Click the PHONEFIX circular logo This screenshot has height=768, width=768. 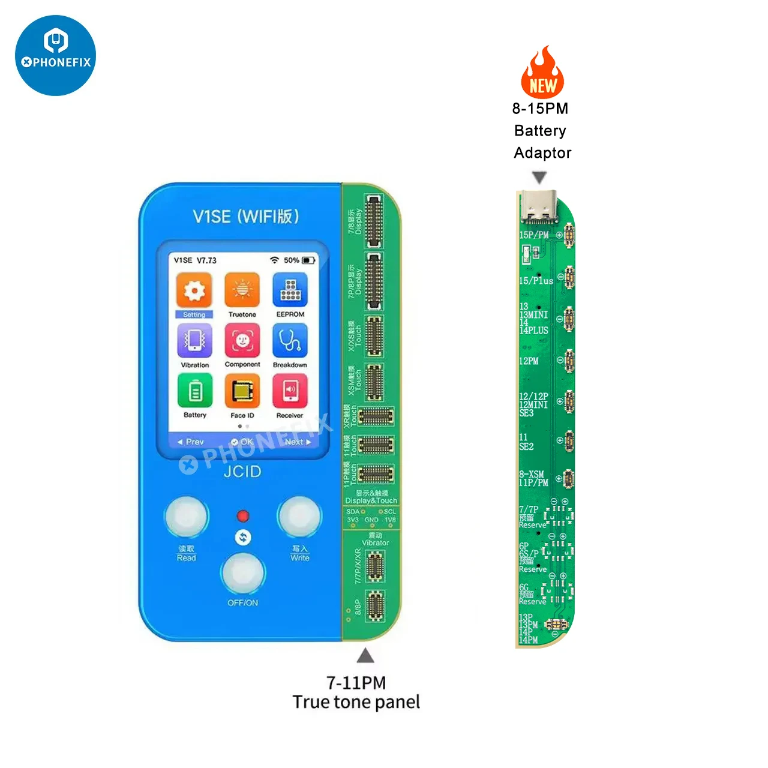click(x=55, y=55)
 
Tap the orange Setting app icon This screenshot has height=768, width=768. click(x=194, y=291)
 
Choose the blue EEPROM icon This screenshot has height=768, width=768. click(x=290, y=290)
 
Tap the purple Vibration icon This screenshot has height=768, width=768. click(x=194, y=341)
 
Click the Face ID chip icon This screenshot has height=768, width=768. click(x=242, y=392)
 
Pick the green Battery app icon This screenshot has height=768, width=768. click(x=194, y=391)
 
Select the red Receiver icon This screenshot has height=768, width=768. click(x=290, y=391)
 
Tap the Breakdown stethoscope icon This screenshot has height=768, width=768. click(x=290, y=341)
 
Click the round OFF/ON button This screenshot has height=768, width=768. click(x=243, y=573)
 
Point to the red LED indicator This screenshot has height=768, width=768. click(x=242, y=516)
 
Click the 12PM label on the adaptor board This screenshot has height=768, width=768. click(x=529, y=361)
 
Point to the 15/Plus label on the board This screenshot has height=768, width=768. click(x=536, y=280)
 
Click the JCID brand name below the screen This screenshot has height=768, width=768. click(x=242, y=472)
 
